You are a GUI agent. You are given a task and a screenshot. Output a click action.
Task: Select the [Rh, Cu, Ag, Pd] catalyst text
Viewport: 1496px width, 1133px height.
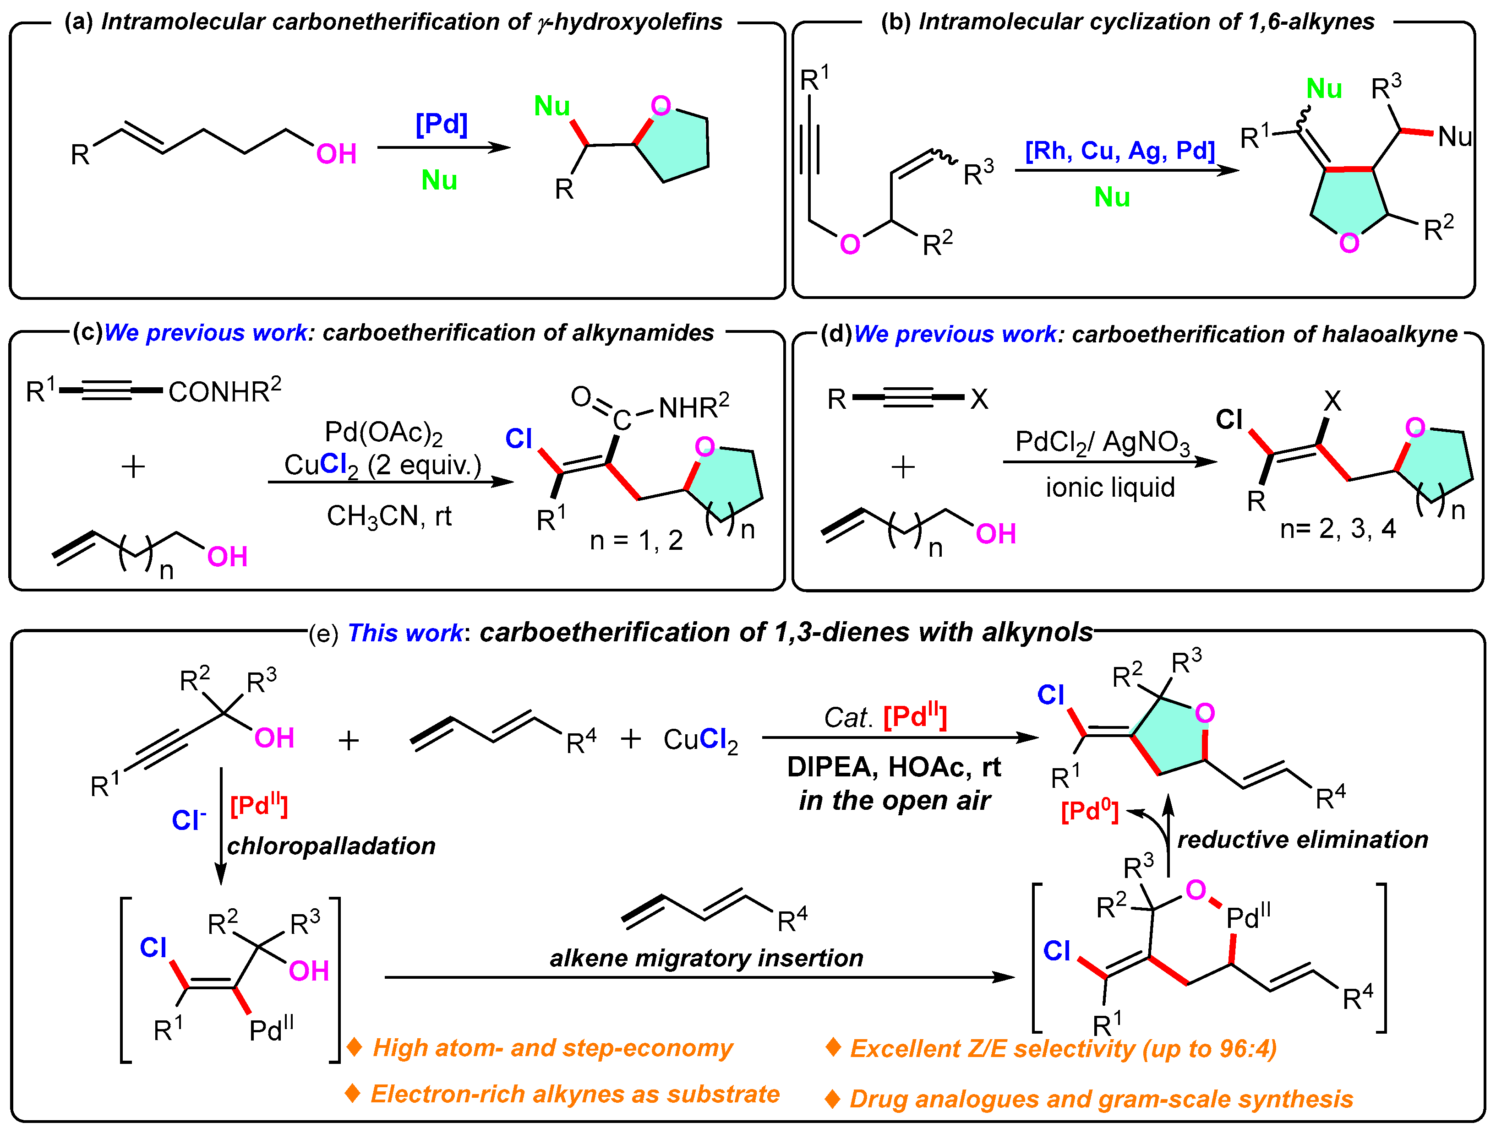tap(1119, 150)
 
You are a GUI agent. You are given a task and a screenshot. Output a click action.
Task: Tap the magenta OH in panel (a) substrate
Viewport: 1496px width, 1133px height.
tap(336, 154)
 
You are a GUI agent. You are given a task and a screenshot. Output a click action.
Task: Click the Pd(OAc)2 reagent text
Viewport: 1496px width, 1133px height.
tap(383, 433)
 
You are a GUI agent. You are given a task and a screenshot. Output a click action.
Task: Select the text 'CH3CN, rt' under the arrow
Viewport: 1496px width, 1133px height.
tap(389, 516)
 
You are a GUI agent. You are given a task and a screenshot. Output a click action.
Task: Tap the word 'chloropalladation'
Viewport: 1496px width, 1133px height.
tap(331, 846)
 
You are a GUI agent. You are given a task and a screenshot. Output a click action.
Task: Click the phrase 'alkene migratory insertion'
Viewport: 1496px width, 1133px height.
tap(706, 958)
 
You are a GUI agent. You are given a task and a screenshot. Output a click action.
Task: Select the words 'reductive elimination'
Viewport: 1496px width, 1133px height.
tap(1302, 840)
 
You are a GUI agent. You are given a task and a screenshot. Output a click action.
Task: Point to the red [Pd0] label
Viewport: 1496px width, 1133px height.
tap(1089, 811)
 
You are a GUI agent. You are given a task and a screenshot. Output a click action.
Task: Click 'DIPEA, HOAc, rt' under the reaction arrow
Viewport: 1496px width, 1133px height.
tap(893, 767)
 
